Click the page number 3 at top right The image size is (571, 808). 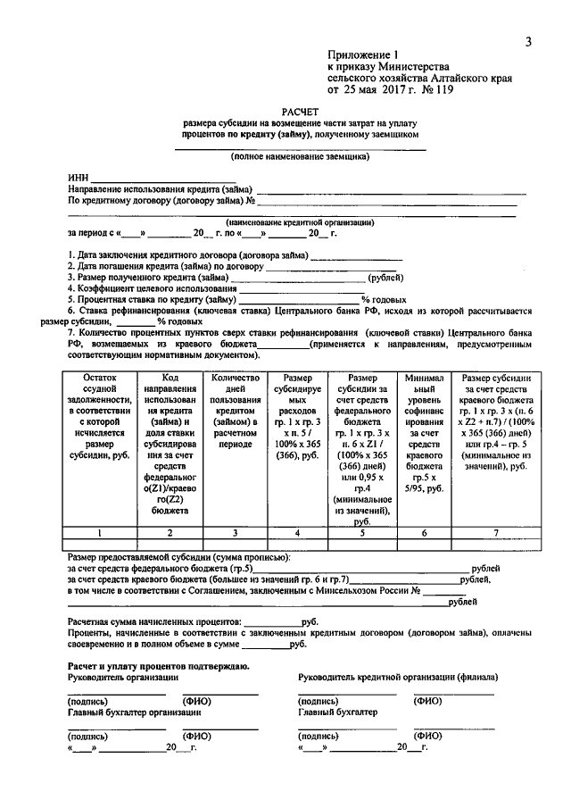coord(527,42)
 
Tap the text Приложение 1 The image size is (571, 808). coord(363,55)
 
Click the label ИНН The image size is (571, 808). coord(78,179)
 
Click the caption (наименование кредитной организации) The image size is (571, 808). coord(299,222)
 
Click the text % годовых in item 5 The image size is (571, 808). coord(384,300)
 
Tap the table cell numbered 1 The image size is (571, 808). coord(100,533)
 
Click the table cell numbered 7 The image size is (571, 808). coord(496,533)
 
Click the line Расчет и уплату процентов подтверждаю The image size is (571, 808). coord(159,666)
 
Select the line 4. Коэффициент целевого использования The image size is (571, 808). coord(153,288)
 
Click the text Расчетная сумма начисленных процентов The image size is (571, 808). coord(154,620)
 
